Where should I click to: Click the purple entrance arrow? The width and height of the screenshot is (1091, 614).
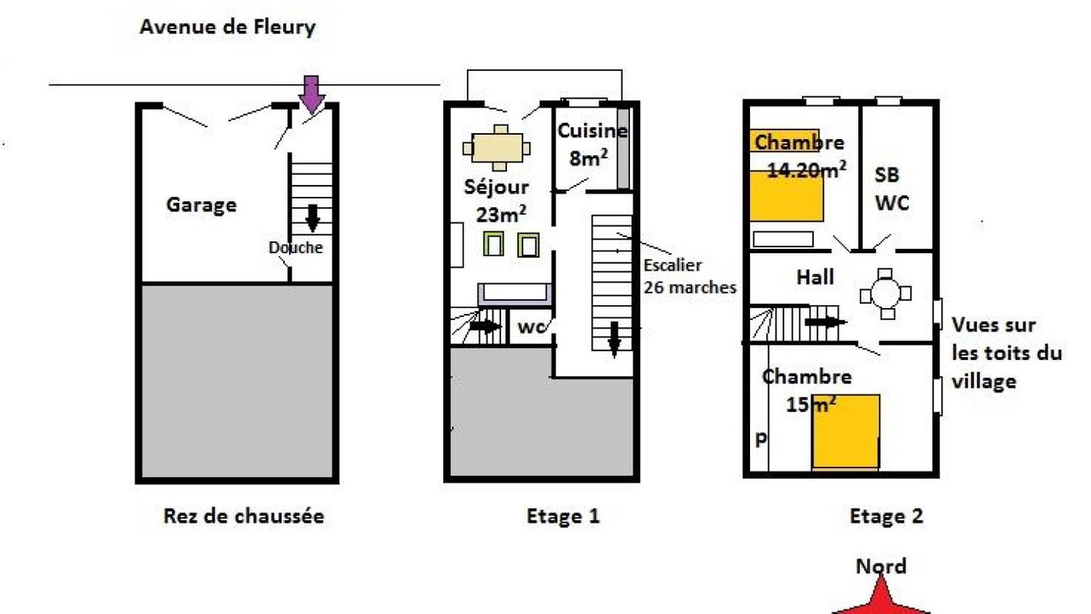coord(311,95)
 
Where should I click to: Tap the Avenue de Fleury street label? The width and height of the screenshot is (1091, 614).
coord(228,26)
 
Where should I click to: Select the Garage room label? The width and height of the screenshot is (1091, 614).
coord(201,205)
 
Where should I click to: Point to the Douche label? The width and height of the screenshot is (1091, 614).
coord(296,247)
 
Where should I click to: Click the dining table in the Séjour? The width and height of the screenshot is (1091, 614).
coord(497,148)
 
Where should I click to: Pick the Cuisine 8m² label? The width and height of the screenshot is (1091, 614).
coord(592,144)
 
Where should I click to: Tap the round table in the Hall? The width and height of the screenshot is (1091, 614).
coord(886,294)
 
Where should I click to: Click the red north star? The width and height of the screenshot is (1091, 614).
coord(880,597)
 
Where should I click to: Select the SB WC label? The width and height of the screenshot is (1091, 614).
coord(891,189)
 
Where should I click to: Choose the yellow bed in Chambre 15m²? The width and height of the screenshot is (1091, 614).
coord(846,432)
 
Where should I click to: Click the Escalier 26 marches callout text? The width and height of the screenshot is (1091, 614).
coord(690,276)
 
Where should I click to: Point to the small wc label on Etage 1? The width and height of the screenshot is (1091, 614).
coord(531,327)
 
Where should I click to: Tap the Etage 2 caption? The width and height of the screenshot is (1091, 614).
coord(886,516)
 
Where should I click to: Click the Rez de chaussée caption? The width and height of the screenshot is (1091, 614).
coord(244,516)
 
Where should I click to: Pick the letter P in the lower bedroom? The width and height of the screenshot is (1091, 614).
coord(760,440)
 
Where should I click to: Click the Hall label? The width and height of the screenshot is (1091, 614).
coord(815,277)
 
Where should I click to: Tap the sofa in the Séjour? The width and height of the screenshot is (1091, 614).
coord(514,295)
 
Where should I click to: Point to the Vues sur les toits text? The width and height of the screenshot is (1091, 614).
coord(1007,353)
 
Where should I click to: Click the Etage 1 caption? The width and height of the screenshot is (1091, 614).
coord(563,516)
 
